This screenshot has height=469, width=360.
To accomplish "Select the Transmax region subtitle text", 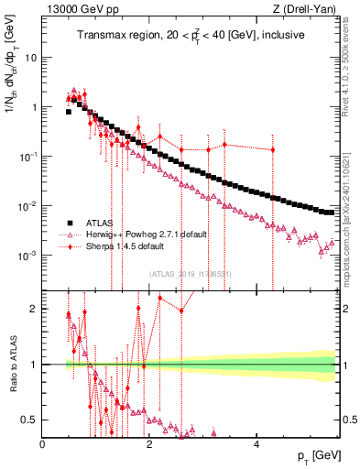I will click(191, 36).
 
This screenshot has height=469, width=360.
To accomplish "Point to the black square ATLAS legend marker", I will click(69, 223).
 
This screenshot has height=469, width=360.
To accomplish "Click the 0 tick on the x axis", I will click(43, 444).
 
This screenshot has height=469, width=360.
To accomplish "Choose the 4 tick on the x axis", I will click(256, 444).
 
